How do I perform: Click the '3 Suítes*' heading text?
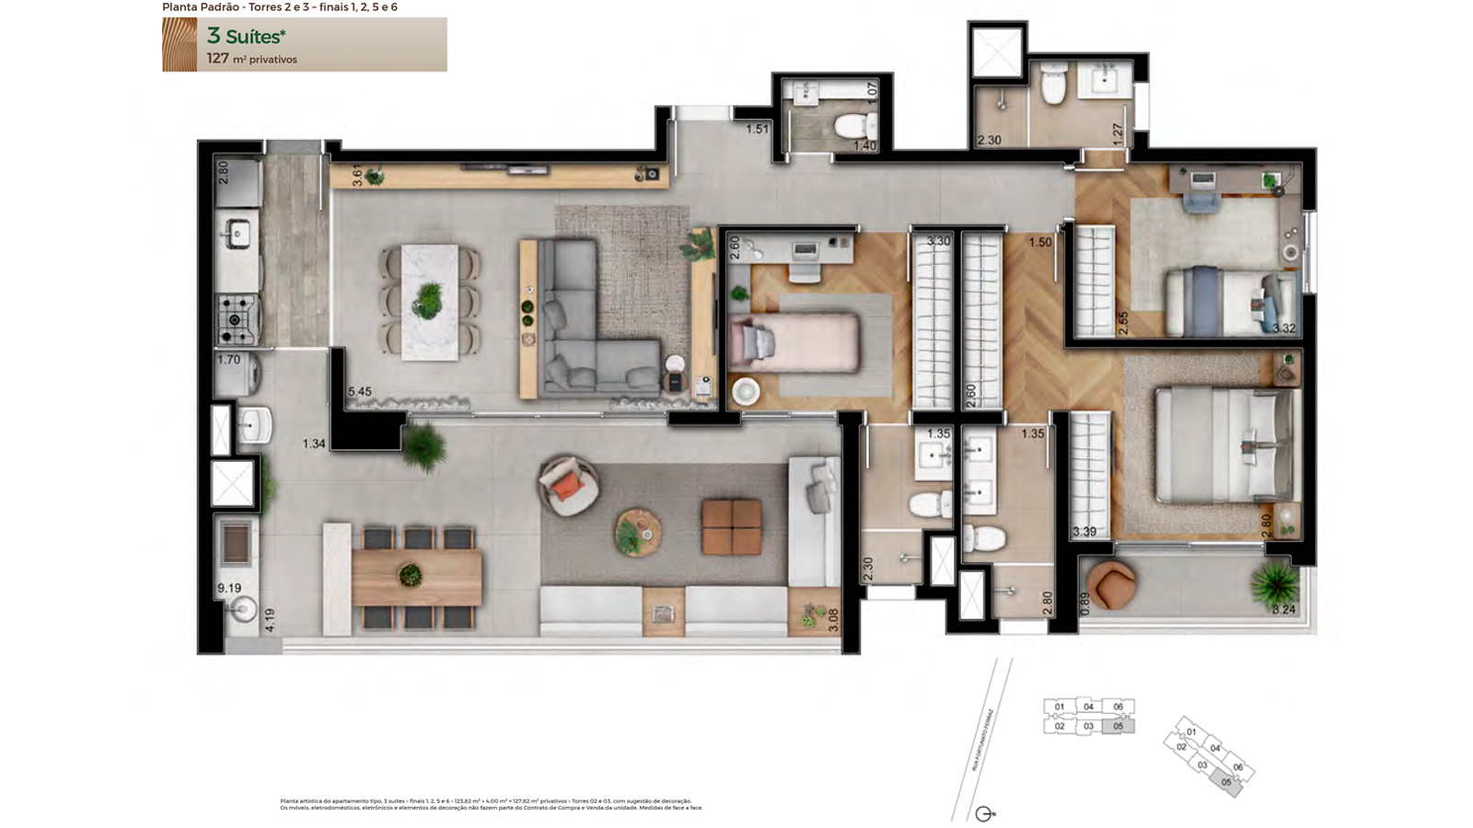(246, 37)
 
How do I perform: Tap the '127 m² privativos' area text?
(251, 59)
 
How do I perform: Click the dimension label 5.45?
(360, 392)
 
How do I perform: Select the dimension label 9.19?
(229, 588)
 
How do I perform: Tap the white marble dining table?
(429, 302)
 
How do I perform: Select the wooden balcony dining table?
(416, 577)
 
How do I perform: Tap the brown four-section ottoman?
(731, 527)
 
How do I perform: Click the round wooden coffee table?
(638, 532)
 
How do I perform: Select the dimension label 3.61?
(357, 176)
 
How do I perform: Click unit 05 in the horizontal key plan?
(1119, 726)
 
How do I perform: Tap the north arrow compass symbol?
(984, 814)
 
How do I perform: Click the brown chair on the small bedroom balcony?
(1111, 584)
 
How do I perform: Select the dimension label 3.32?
(1283, 328)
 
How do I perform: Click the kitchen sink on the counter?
(238, 234)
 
